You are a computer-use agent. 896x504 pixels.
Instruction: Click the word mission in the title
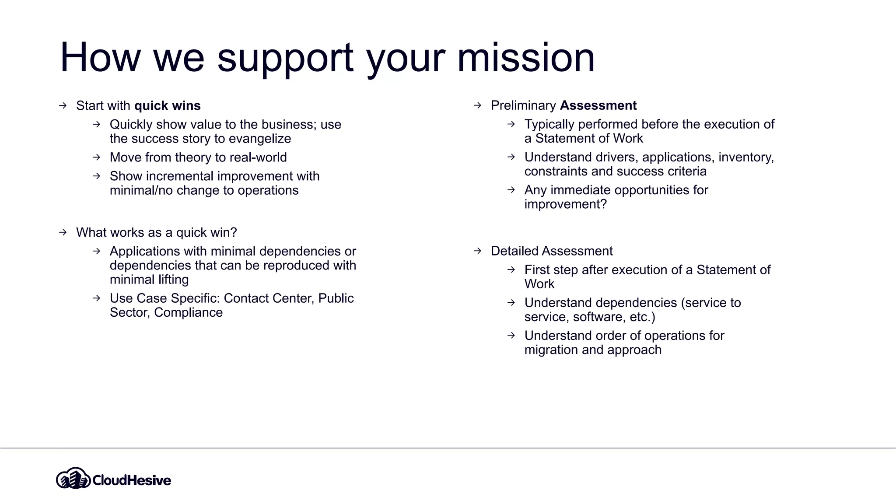coord(526,58)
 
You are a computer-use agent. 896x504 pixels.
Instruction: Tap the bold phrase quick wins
coord(167,106)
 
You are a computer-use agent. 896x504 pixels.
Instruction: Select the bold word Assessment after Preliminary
coord(598,105)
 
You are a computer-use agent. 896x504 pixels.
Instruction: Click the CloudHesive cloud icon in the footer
coord(73,479)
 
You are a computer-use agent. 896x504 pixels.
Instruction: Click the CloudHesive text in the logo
coord(132,480)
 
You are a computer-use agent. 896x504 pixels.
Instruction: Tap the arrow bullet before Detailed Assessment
coord(477,251)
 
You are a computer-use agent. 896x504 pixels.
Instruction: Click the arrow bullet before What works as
coord(63,232)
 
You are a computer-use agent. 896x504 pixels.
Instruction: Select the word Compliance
coord(188,312)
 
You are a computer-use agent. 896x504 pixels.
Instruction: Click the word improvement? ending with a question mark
coord(565,204)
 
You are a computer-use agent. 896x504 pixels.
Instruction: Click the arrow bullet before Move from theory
coord(96,157)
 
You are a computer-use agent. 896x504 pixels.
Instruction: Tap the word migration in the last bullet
coord(551,350)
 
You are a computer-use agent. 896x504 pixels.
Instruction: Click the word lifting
coord(173,280)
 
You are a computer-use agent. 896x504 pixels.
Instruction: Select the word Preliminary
coord(523,105)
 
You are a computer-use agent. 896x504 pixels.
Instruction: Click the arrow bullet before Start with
coord(63,106)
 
